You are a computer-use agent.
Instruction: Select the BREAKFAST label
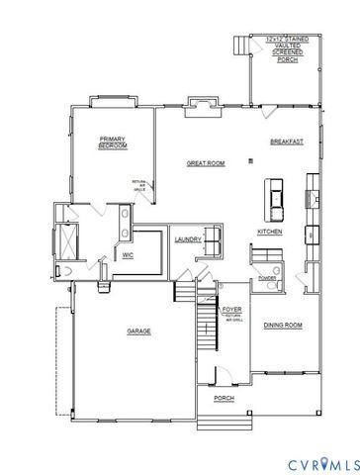coord(286,142)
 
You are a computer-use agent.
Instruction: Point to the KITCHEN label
coord(271,232)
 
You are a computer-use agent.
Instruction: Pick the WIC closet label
coord(128,254)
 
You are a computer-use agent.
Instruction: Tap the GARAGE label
coord(137,331)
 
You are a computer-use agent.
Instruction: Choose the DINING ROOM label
coord(282,325)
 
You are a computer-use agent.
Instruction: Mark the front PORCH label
coord(225,399)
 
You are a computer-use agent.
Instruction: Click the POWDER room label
coord(266,278)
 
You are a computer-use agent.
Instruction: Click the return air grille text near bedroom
coord(138,186)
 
